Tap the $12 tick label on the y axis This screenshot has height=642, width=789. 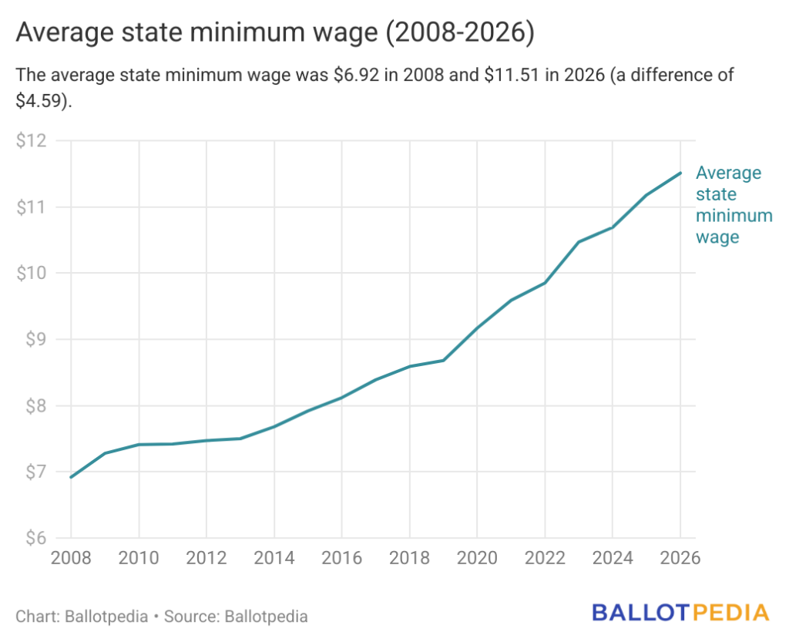(32, 141)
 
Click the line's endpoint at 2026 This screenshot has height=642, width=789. (681, 173)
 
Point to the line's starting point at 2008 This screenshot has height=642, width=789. (71, 477)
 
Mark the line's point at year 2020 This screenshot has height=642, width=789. (478, 328)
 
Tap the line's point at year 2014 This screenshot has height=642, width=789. (274, 426)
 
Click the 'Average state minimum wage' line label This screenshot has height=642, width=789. (733, 205)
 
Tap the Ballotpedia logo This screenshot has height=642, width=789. (680, 613)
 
